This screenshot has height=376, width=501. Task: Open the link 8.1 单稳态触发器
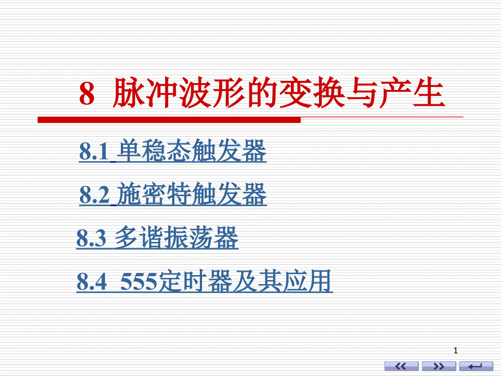(173, 151)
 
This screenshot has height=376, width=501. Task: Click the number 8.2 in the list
(94, 195)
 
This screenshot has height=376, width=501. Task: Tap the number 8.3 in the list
(91, 238)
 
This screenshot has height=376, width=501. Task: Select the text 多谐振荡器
(176, 238)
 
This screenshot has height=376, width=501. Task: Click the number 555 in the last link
(139, 282)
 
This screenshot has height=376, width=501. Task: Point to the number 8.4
(91, 282)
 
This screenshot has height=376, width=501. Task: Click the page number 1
(456, 351)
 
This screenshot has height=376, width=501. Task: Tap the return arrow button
(476, 366)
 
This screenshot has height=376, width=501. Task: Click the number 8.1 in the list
(94, 151)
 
